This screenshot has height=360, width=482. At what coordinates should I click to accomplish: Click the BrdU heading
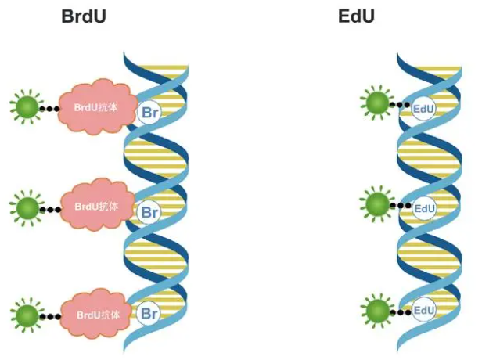click(x=84, y=16)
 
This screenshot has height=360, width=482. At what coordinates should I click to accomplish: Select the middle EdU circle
click(x=423, y=208)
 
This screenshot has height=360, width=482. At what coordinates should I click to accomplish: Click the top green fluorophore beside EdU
click(x=376, y=103)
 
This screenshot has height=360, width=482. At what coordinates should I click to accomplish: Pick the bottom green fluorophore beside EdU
click(x=377, y=308)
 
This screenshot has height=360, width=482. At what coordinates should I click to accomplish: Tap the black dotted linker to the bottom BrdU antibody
click(x=52, y=316)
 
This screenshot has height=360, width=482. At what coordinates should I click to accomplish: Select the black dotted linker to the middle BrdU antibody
click(x=52, y=209)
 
